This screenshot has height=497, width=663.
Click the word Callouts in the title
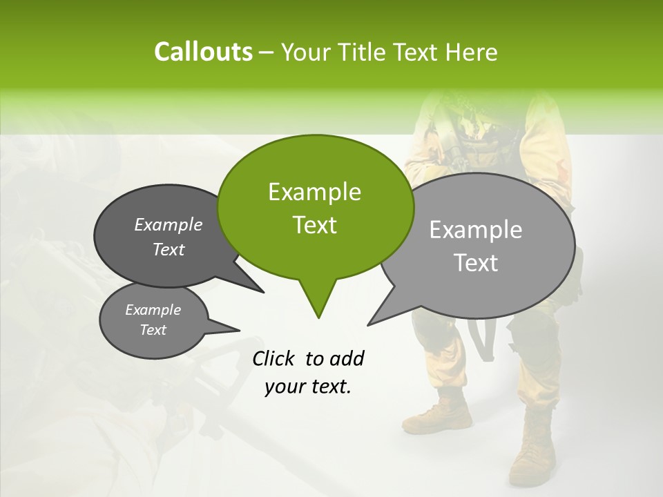[x=203, y=52]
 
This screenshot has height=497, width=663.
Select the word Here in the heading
[x=472, y=52]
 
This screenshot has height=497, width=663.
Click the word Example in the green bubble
[x=314, y=192]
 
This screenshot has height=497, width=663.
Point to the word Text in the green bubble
[x=314, y=225]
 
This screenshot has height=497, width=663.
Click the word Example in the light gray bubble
[x=476, y=230]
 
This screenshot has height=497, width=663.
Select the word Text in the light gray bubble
[x=477, y=263]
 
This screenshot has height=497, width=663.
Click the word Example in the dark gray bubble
[x=169, y=224]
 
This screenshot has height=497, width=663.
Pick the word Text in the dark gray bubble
[x=169, y=249]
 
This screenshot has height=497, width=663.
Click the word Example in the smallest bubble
[x=153, y=310]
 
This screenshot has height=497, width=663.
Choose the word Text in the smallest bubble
[x=153, y=330]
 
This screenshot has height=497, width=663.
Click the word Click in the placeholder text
[x=275, y=358]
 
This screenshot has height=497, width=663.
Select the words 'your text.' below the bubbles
[x=308, y=387]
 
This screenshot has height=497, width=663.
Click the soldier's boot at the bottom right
[x=532, y=456]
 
